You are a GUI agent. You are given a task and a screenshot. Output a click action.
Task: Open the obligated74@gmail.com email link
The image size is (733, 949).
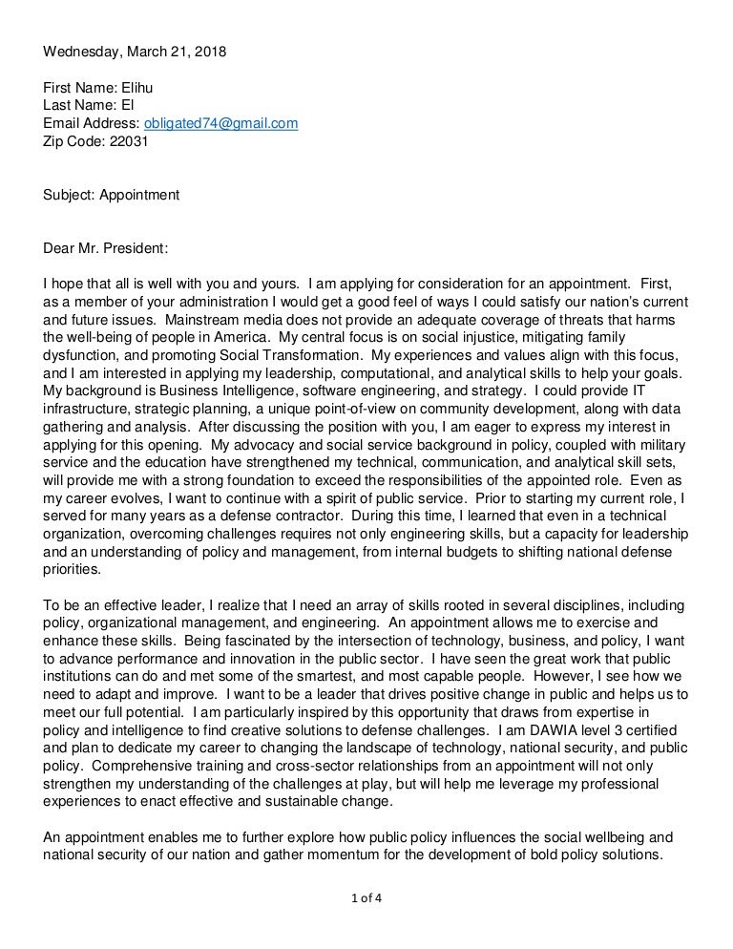click(x=220, y=123)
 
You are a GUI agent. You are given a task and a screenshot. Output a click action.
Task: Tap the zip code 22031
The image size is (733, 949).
click(x=130, y=141)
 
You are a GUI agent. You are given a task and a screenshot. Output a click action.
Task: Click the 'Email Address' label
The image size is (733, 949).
click(x=90, y=123)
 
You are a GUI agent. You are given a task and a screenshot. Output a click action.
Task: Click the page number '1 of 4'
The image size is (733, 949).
click(x=366, y=896)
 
